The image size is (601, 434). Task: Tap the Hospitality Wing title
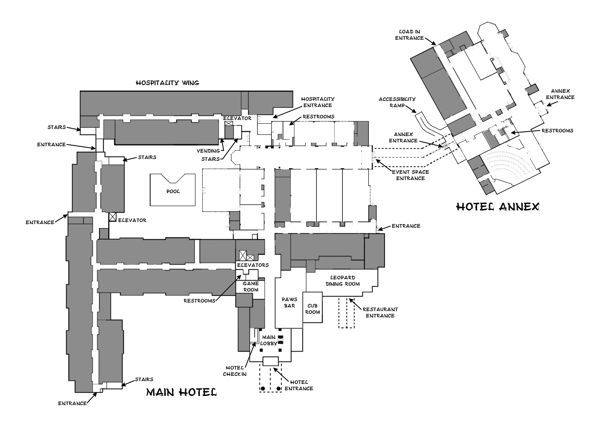(x=167, y=83)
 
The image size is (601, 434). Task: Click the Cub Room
(x=313, y=308)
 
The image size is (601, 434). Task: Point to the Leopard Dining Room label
(x=343, y=281)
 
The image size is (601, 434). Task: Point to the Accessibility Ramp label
(x=397, y=102)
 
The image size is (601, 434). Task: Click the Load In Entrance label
(x=409, y=35)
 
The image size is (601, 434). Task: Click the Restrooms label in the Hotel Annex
(x=557, y=131)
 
